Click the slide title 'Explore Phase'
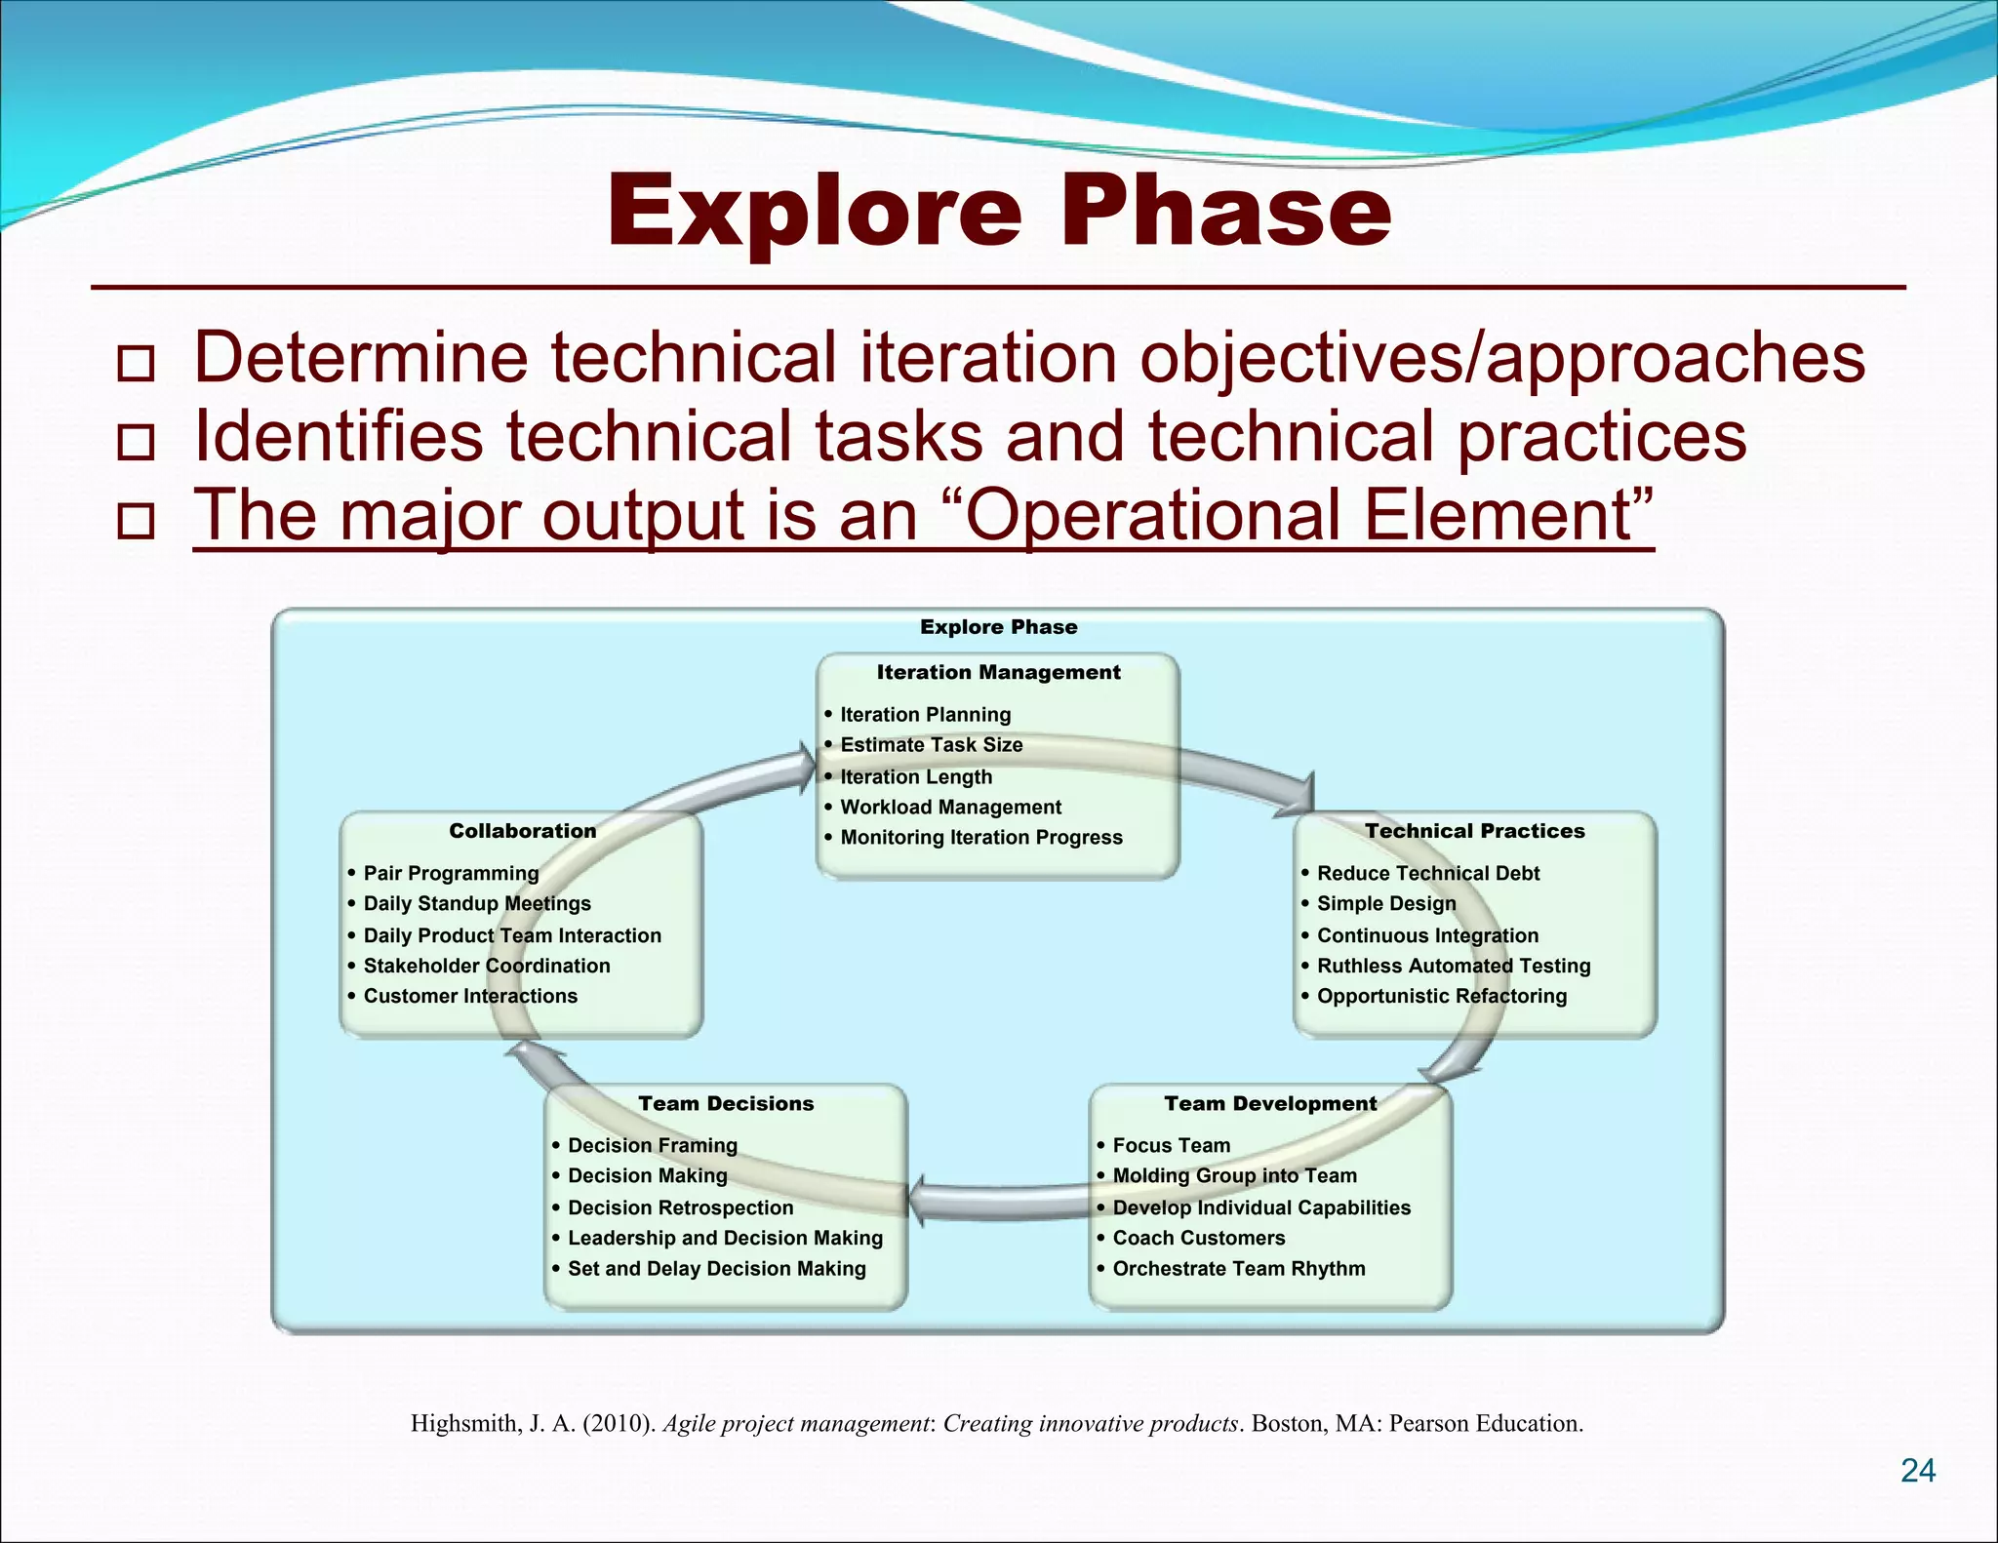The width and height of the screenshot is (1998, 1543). click(x=998, y=212)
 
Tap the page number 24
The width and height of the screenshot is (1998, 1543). click(x=1917, y=1470)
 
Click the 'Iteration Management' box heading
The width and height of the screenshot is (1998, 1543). click(x=998, y=672)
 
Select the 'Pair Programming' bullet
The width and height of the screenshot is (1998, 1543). click(x=451, y=873)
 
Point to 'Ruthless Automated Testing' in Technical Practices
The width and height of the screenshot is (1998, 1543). click(x=1453, y=966)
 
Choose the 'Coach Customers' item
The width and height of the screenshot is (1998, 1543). click(x=1198, y=1238)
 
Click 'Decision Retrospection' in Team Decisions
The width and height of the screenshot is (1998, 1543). click(x=680, y=1207)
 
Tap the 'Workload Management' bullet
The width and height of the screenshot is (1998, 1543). click(x=950, y=807)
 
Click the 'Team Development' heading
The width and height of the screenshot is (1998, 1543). click(x=1269, y=1103)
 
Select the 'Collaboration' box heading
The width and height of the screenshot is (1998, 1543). click(x=522, y=831)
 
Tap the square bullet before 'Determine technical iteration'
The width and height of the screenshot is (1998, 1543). click(x=136, y=364)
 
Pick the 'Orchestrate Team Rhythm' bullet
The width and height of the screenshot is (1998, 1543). click(x=1238, y=1268)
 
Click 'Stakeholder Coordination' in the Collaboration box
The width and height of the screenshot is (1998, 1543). click(x=486, y=966)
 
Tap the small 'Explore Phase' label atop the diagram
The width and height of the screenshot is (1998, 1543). click(x=998, y=627)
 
